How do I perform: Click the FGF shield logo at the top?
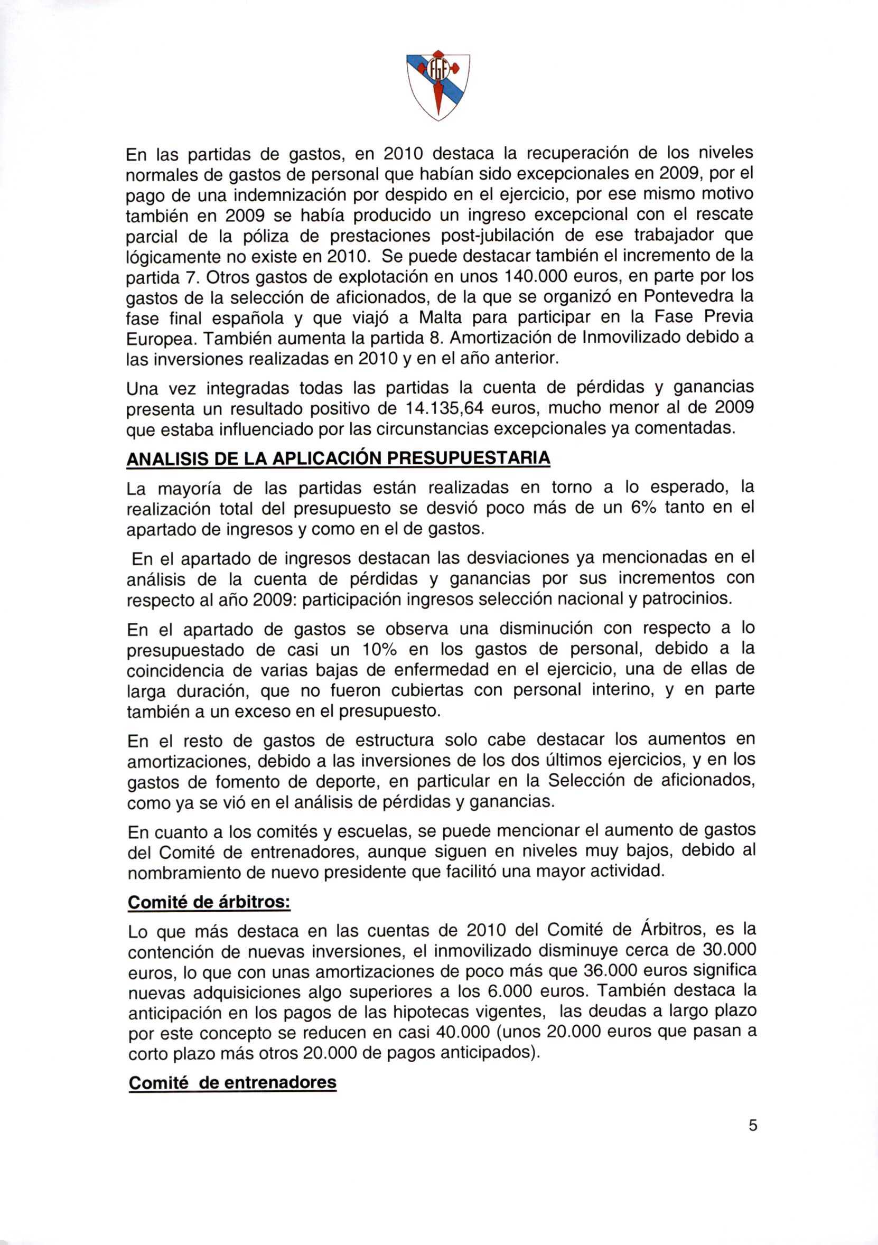[438, 86]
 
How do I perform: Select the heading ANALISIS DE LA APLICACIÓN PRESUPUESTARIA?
[338, 458]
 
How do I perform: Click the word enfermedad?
[441, 670]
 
